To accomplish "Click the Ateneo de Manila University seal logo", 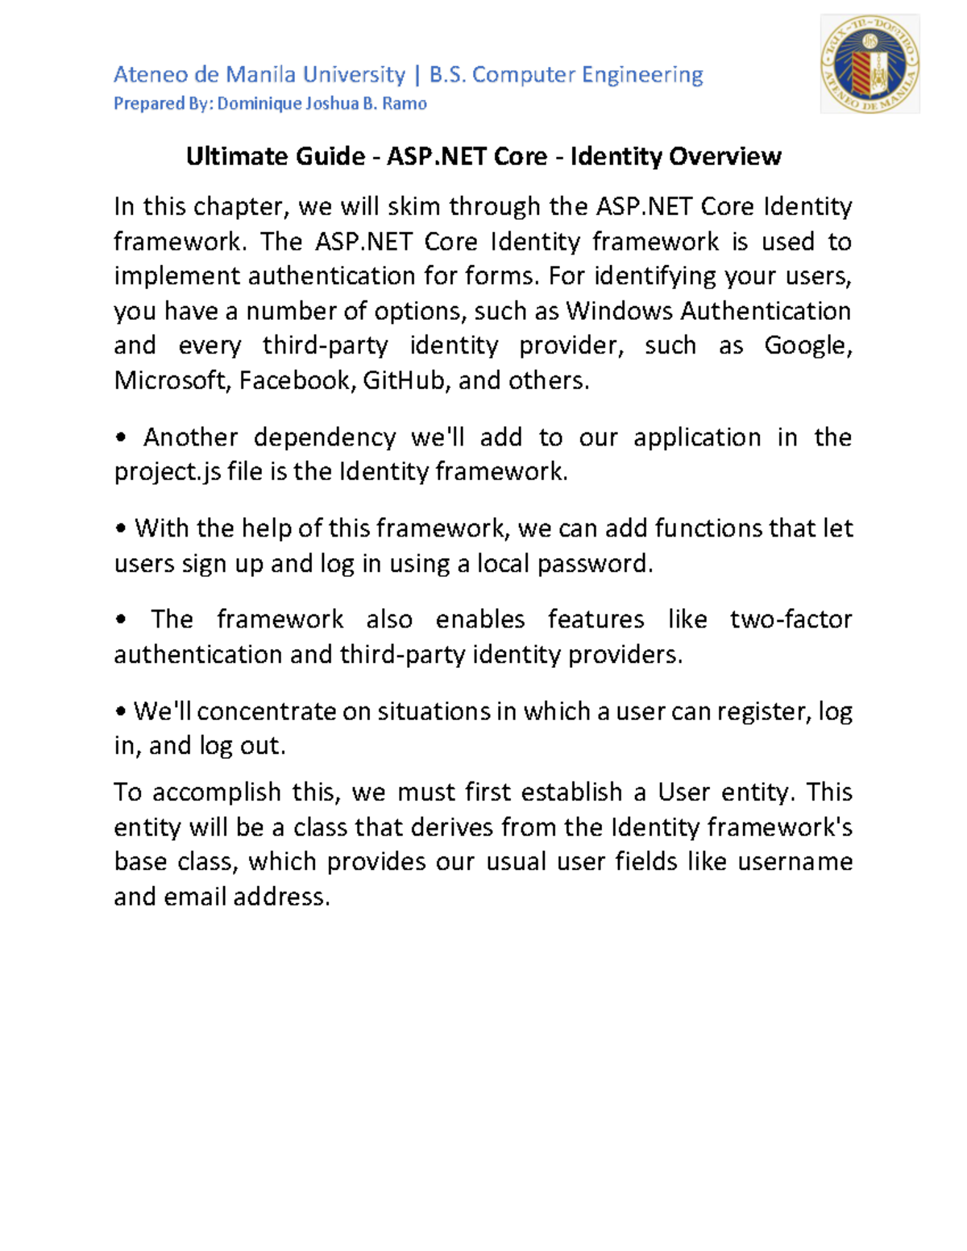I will (869, 64).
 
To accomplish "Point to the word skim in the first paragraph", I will (414, 207).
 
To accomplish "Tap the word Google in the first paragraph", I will (805, 346).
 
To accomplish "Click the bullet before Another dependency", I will (121, 438).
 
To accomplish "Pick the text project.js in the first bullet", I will (167, 472).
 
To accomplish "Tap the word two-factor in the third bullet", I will (791, 619).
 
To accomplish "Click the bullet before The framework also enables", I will (121, 620).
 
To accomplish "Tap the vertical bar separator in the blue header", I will (417, 75).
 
